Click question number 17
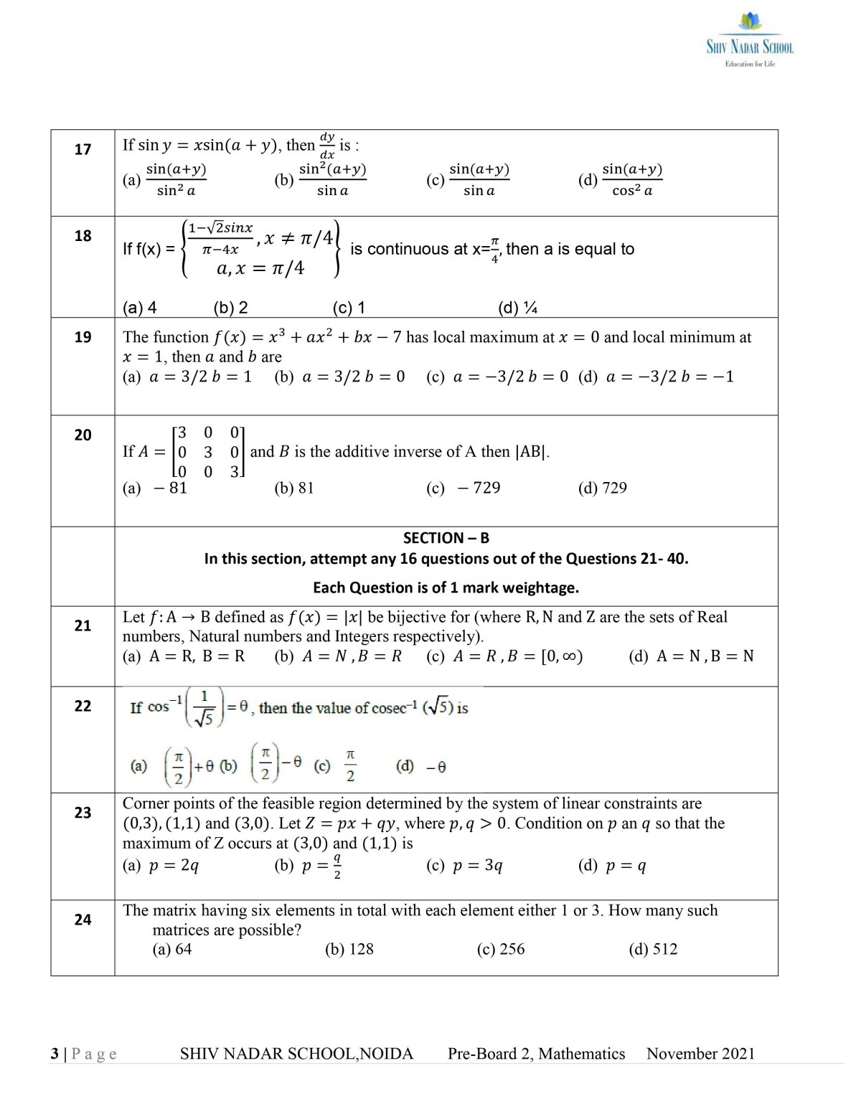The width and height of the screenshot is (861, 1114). click(x=83, y=149)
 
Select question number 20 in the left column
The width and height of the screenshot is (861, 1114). click(x=83, y=435)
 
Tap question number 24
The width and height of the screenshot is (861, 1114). click(x=83, y=920)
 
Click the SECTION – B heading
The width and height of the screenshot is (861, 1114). click(x=446, y=538)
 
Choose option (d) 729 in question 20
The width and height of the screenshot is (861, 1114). click(x=602, y=488)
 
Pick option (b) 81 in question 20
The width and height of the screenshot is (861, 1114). click(x=294, y=488)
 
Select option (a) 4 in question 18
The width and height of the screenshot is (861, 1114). click(x=140, y=308)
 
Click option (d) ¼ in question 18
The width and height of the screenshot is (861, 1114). click(x=517, y=308)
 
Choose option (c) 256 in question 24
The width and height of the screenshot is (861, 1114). click(x=500, y=949)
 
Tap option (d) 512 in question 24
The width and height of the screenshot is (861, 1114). click(x=653, y=949)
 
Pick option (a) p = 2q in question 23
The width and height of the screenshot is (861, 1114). click(x=161, y=866)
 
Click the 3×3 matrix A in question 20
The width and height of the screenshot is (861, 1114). click(x=208, y=452)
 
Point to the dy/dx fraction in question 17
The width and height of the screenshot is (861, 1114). click(x=327, y=146)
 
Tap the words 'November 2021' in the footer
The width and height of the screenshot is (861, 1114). click(x=700, y=1054)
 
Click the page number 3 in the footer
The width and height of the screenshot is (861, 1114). click(x=55, y=1054)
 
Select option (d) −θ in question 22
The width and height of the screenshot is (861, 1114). click(x=421, y=767)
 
